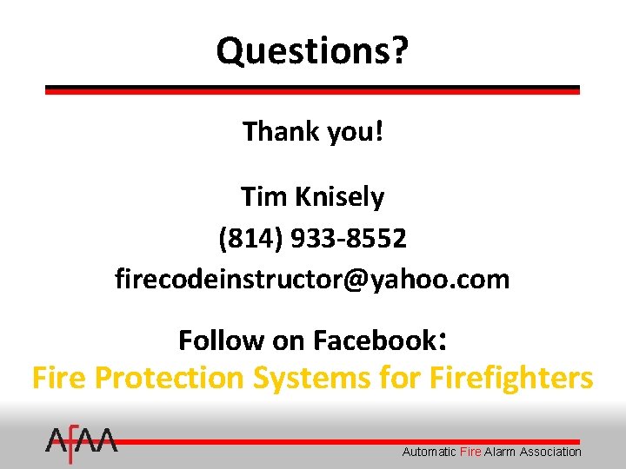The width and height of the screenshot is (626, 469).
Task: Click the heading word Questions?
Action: coord(312,50)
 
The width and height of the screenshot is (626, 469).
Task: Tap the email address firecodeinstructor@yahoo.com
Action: coord(312,279)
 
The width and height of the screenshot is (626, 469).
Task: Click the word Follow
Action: coord(222,340)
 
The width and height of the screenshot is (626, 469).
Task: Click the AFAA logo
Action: coord(82,445)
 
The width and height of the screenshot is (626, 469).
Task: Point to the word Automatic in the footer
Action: coord(429,452)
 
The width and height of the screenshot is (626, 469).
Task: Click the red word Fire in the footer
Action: coord(469,452)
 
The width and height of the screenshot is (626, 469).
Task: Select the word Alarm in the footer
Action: coord(500,452)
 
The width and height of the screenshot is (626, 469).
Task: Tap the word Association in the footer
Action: coord(550,452)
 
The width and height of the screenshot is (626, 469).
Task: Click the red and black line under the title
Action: coord(312,89)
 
